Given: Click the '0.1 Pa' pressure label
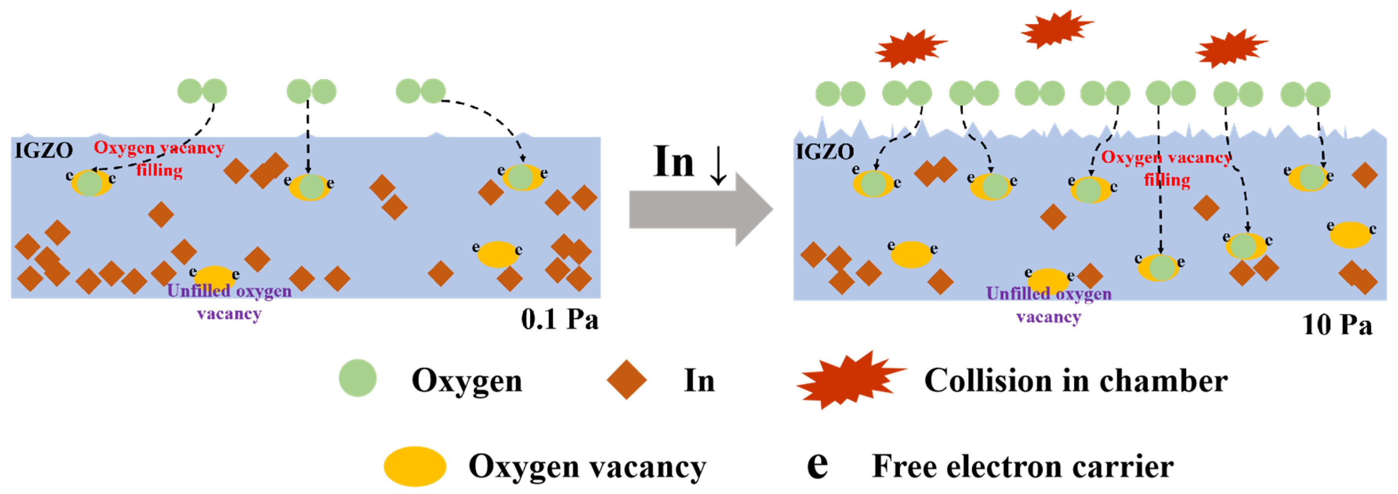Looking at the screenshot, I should point(560,319).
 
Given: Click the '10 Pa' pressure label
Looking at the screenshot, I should point(1337,325).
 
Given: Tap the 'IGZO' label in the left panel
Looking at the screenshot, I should point(43,151).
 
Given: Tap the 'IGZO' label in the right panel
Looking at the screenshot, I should point(824,152).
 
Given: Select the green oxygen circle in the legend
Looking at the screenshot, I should point(358,379).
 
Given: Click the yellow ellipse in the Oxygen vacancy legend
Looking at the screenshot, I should point(415,466).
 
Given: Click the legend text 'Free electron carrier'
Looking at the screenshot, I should point(1023,466).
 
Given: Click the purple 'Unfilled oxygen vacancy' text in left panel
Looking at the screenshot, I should point(229,302).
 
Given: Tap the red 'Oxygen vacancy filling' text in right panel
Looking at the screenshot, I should point(1166,168).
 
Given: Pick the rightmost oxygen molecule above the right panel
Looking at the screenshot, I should point(1305,94).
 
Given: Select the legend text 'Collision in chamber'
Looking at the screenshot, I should point(1076,380).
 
